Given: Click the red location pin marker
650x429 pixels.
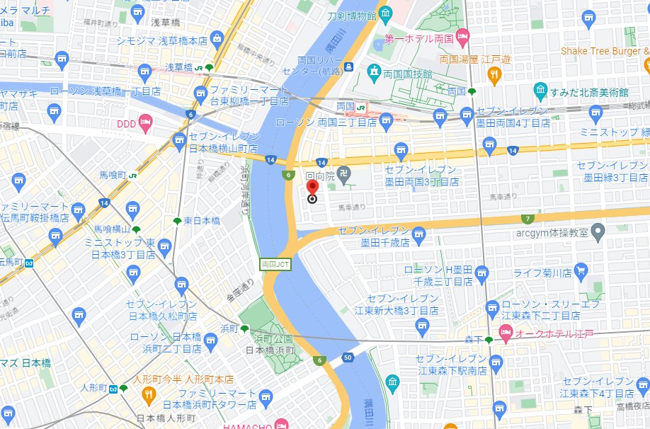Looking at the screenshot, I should click(312, 188).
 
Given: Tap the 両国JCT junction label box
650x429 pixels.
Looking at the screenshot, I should click(275, 264).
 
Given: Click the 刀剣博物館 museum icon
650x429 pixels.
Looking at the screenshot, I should click(385, 13).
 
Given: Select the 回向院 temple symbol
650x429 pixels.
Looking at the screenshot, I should click(343, 172).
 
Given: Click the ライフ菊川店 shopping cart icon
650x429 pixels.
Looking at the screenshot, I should click(581, 270).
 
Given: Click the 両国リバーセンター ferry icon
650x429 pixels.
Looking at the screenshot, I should click(349, 67).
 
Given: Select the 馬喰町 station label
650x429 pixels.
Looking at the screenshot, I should click(113, 175).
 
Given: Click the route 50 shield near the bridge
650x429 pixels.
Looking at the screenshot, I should click(347, 357).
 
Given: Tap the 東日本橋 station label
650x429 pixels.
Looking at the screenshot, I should click(202, 221).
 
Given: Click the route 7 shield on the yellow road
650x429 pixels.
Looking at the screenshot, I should click(527, 219).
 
